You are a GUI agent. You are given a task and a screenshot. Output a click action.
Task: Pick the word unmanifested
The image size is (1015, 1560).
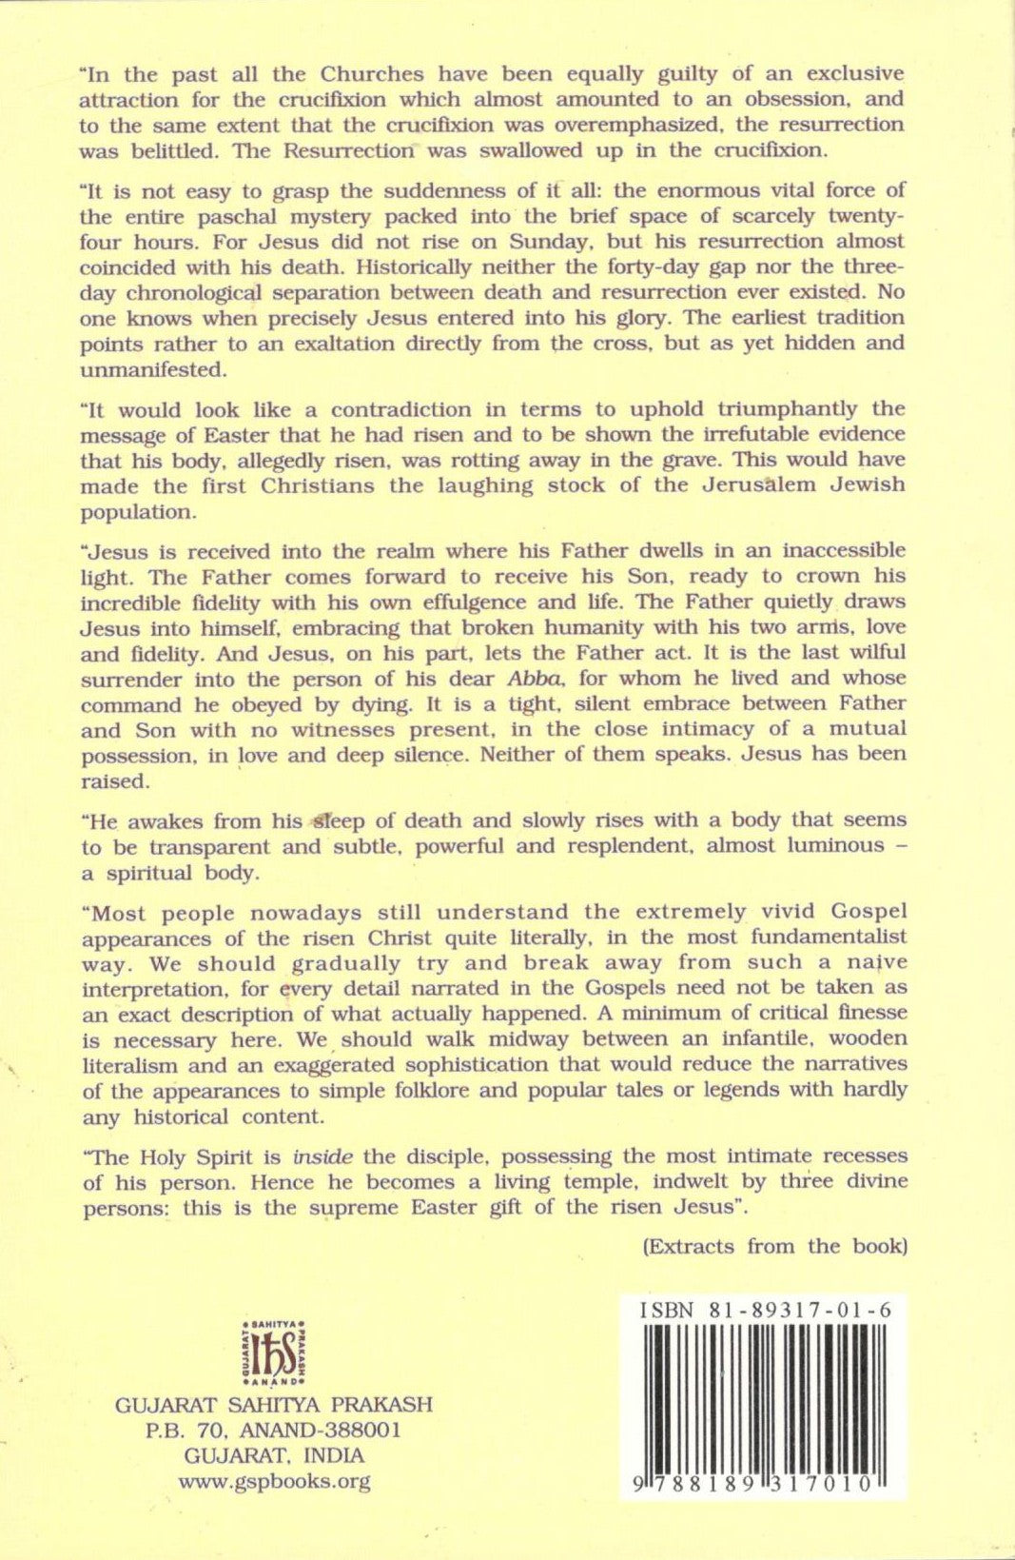point(150,369)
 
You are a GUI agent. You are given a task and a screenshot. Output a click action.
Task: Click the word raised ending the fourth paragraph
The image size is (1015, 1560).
point(112,780)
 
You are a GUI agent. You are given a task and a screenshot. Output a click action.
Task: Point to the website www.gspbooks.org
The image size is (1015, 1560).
point(274,1481)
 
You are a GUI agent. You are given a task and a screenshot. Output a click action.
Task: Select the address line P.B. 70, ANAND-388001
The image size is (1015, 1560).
point(273,1430)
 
